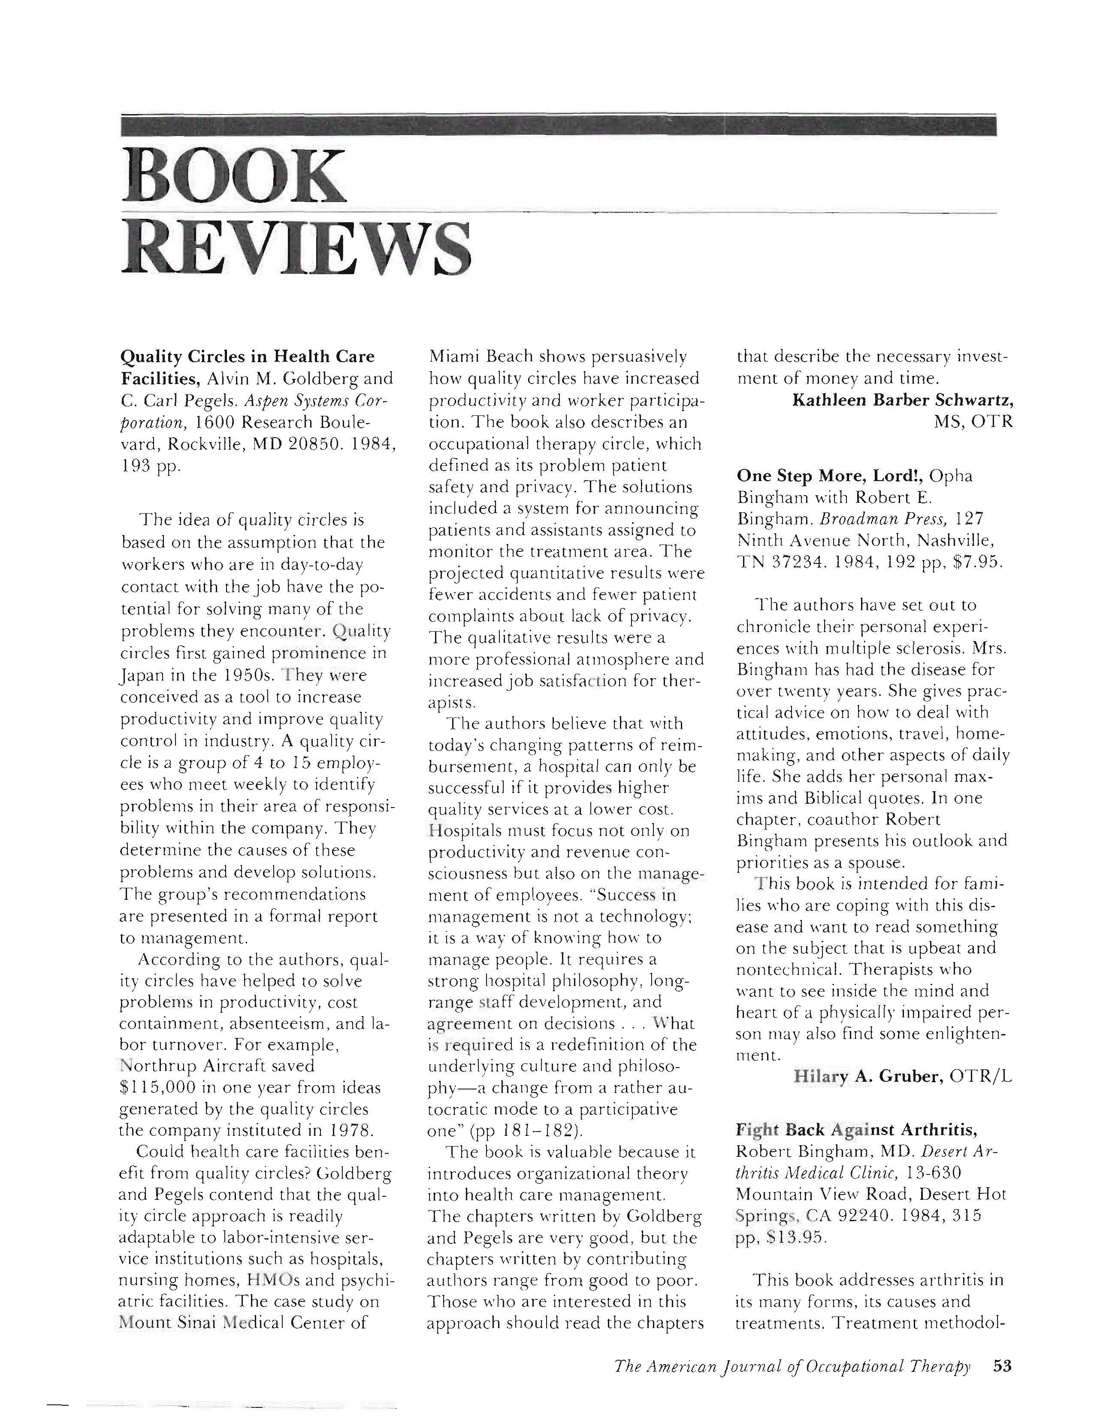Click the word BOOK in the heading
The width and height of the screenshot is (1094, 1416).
[x=233, y=176]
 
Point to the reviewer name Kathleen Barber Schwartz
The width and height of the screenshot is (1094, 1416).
[x=903, y=400]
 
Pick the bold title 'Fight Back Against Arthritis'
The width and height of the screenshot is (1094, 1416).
[x=856, y=1130]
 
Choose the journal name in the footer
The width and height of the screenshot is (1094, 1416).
[x=792, y=1367]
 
